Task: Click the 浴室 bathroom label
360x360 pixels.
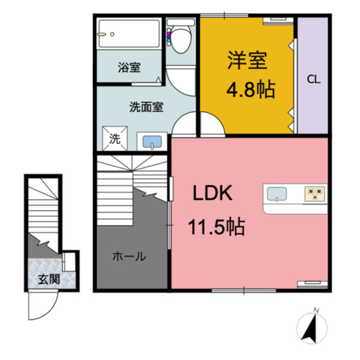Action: [129, 68]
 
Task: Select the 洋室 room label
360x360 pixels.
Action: [246, 61]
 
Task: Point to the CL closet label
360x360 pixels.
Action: [313, 79]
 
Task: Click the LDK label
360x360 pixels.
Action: [213, 194]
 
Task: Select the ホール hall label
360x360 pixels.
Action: [129, 257]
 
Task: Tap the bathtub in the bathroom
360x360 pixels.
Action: [128, 35]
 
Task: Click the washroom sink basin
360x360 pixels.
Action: [151, 142]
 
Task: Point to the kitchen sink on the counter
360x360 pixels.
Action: [276, 194]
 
